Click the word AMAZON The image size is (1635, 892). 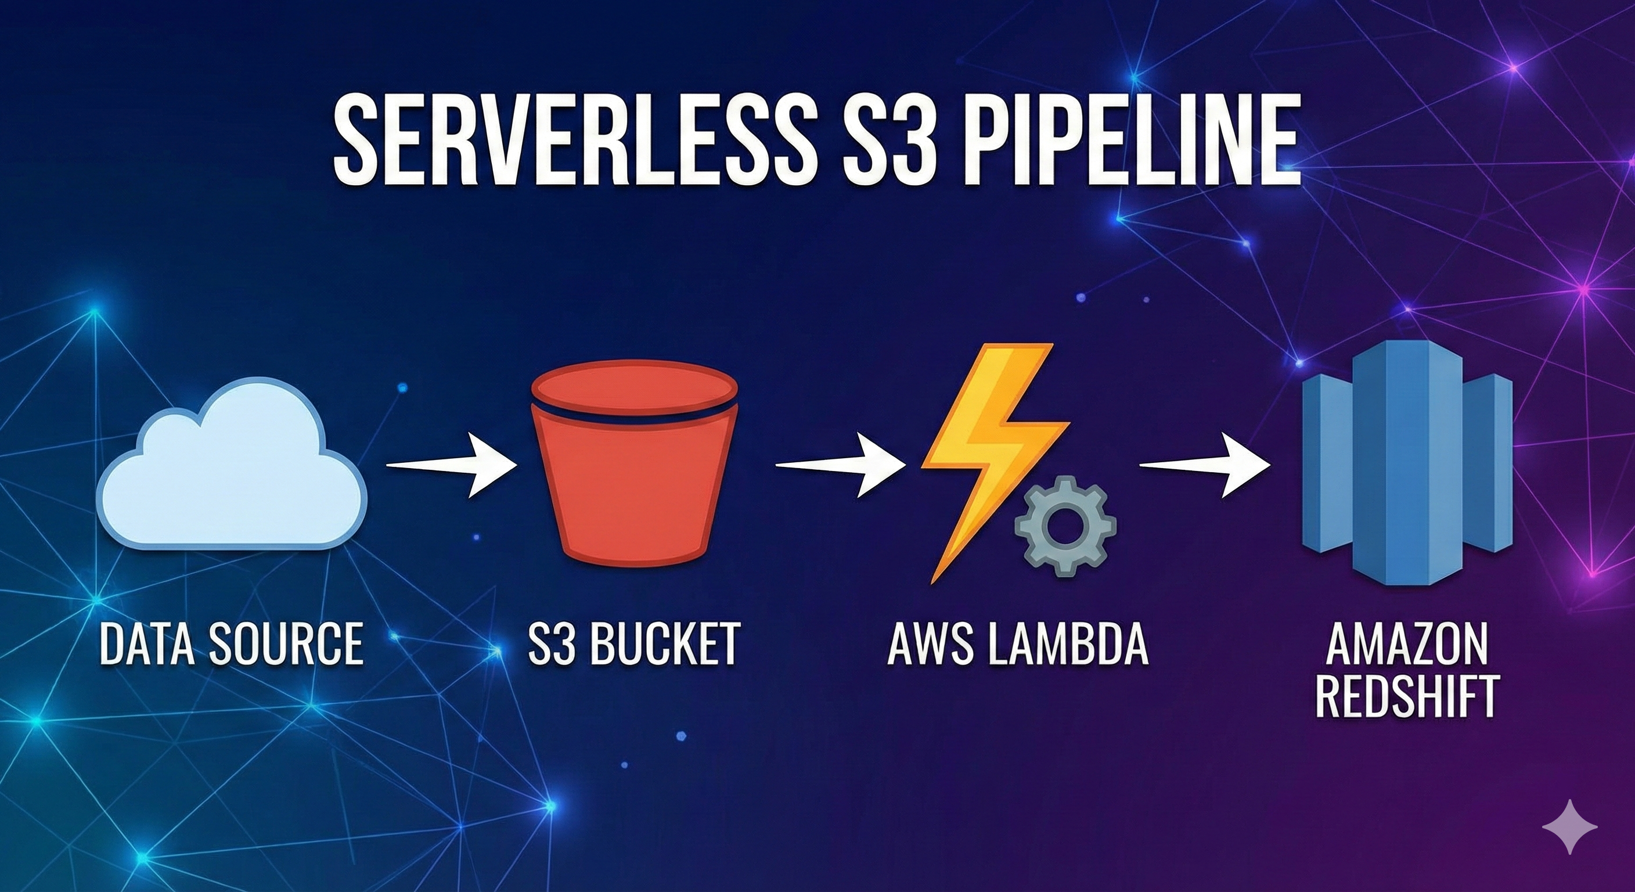(x=1406, y=645)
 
